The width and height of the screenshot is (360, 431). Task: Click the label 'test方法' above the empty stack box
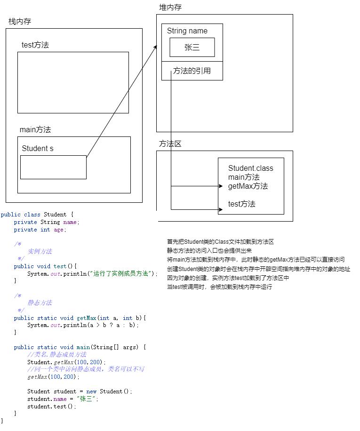35,45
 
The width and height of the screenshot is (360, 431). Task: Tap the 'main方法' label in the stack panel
35,129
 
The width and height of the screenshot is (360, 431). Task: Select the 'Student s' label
38,149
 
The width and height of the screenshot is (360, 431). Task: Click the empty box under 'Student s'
53,167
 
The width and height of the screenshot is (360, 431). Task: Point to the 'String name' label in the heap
187,31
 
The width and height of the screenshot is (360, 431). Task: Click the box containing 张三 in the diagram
192,48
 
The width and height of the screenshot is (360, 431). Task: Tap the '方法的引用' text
192,71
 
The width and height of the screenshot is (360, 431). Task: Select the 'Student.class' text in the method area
250,168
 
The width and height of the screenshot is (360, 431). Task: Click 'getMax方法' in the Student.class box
248,186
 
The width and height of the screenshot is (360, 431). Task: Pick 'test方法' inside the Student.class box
242,204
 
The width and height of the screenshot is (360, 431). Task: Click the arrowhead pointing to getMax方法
220,186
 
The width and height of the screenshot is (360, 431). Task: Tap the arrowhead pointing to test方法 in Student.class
220,209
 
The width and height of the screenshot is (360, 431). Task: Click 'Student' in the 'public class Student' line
55,215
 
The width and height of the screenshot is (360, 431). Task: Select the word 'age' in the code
60,230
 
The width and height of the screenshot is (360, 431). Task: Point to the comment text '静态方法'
40,303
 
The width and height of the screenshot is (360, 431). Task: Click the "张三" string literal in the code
87,399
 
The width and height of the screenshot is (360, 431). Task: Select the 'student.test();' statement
51,407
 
